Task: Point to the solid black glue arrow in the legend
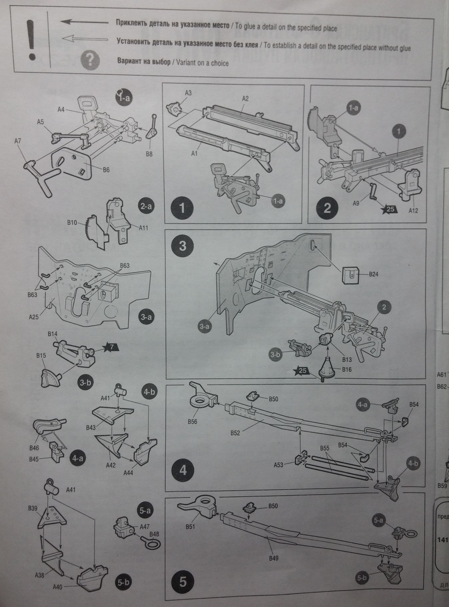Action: tap(84, 23)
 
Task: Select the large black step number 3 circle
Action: tap(183, 246)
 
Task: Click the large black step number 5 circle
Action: tap(183, 582)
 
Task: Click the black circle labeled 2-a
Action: tap(145, 206)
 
